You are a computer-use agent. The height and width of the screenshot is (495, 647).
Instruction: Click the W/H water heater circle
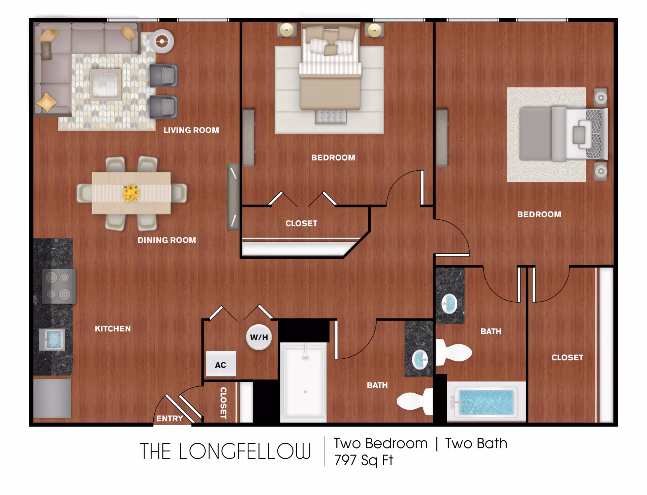(259, 337)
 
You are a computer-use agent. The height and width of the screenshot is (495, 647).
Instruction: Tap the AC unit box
(221, 364)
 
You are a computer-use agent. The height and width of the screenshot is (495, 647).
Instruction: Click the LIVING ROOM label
(191, 130)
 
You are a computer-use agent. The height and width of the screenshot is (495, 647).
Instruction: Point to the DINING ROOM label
(167, 240)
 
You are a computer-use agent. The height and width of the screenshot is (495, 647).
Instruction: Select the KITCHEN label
(113, 329)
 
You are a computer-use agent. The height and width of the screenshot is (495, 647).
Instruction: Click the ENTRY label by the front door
(170, 418)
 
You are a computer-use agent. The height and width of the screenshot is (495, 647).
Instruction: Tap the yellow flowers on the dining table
(131, 193)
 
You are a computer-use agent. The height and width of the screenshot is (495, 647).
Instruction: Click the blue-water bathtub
(486, 402)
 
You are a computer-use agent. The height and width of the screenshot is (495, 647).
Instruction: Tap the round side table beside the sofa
(162, 41)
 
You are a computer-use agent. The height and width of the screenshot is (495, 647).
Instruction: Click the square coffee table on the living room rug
(105, 84)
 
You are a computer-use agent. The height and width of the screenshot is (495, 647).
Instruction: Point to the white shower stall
(303, 382)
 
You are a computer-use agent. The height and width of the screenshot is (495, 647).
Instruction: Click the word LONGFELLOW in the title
(245, 451)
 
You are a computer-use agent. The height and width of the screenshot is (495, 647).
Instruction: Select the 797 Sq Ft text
(364, 460)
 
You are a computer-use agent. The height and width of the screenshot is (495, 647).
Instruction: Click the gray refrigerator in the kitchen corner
(52, 398)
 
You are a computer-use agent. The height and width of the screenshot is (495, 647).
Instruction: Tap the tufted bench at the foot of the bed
(331, 116)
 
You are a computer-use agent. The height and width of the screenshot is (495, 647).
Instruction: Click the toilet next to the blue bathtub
(454, 352)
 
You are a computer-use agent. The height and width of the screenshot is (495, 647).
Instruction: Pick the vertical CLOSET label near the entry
(223, 403)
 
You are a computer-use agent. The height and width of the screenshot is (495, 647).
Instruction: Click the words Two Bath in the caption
(476, 443)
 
